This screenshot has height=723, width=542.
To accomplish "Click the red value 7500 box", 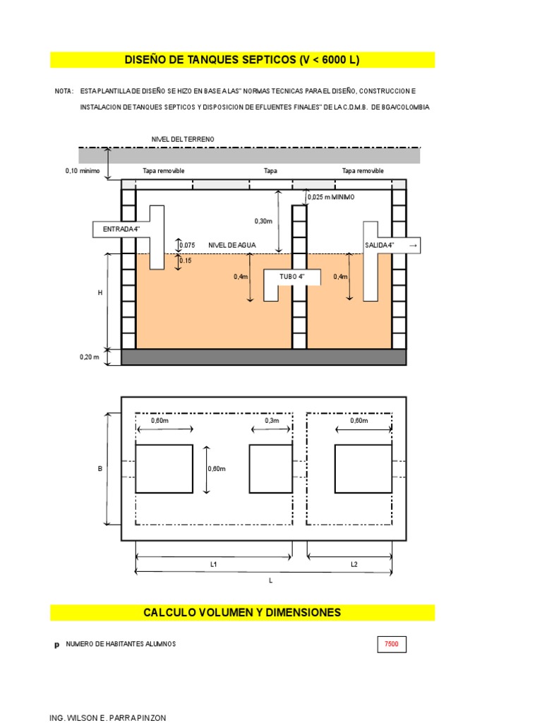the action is [391, 644].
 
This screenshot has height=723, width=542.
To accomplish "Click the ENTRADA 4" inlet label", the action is [121, 229].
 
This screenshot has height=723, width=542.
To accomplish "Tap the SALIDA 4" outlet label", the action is [379, 245].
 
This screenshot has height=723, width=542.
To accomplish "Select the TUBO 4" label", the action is [291, 277].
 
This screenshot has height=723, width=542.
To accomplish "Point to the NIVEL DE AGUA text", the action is [231, 245].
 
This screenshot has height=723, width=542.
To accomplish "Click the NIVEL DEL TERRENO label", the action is [183, 139].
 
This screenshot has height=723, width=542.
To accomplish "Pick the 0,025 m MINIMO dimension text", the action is [332, 198].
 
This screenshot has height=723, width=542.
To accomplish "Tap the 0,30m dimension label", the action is [263, 221].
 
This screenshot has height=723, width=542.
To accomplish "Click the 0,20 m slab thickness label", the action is [89, 357].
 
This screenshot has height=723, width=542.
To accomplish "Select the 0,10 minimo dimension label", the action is [83, 171].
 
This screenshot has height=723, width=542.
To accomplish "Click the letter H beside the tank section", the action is [100, 293].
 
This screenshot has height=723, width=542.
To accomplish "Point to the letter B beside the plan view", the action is [100, 469].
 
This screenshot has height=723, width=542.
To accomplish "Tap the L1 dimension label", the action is [213, 564].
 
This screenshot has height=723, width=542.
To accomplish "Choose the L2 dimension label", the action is [354, 564].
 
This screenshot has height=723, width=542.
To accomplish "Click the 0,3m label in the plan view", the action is [272, 421].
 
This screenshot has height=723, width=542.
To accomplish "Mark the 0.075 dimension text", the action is [187, 245].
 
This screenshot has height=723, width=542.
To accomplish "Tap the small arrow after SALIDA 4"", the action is [413, 245].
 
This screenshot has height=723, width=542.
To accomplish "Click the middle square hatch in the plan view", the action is [270, 469].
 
